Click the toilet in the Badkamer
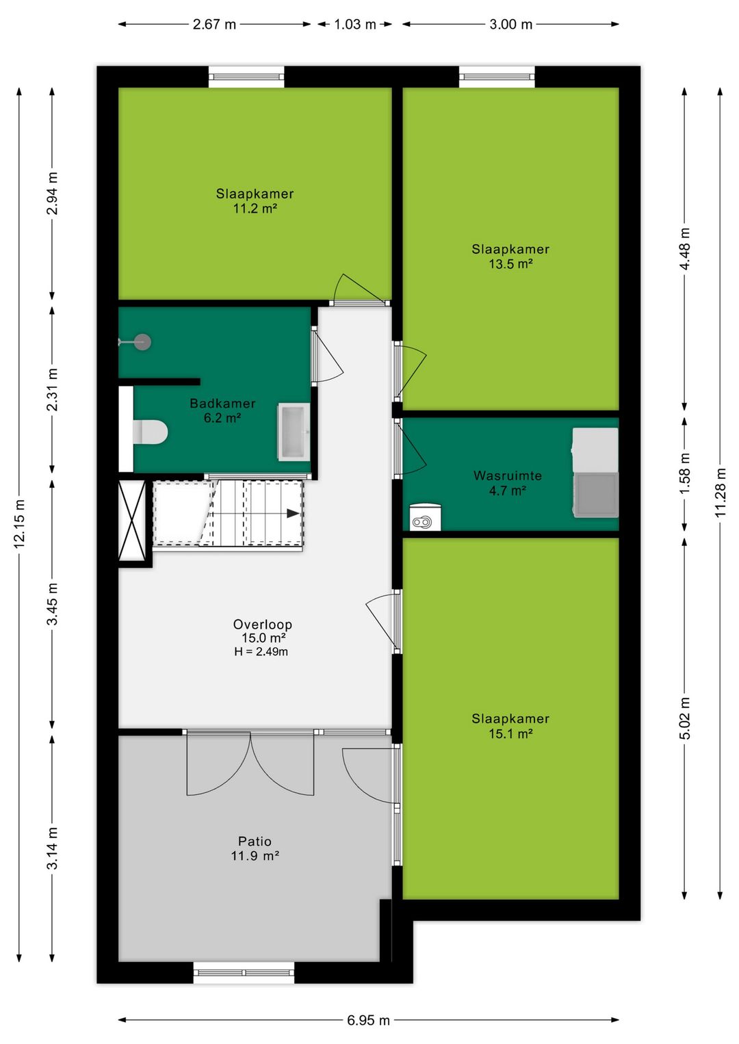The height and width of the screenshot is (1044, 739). pos(151,432)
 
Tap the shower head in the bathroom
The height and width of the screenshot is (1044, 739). pos(142,342)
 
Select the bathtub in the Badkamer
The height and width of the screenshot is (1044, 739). pos(294,432)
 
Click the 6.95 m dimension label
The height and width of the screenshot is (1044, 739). pos(368,1020)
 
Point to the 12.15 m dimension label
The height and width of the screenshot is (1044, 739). pos(20,523)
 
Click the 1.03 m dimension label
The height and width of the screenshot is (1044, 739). pos(354,25)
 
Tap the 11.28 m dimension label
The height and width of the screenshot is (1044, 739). pos(721,493)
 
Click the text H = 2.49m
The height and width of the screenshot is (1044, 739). pos(261,652)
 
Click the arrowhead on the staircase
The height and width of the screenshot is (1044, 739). pos(294,513)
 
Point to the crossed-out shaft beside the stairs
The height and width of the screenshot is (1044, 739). pos(132,520)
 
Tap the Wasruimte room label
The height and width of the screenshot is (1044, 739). pos(507,475)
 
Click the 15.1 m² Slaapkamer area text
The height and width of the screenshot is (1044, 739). pos(510,734)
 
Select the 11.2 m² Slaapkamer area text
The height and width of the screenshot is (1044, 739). pos(255,209)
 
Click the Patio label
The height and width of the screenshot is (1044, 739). pos(255,841)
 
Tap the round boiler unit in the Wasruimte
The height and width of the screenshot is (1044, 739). pos(425,518)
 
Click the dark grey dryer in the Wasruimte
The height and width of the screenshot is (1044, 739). pos(596,494)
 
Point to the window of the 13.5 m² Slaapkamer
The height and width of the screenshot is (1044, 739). pos(497,76)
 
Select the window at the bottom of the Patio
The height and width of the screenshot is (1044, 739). pos(244,972)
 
